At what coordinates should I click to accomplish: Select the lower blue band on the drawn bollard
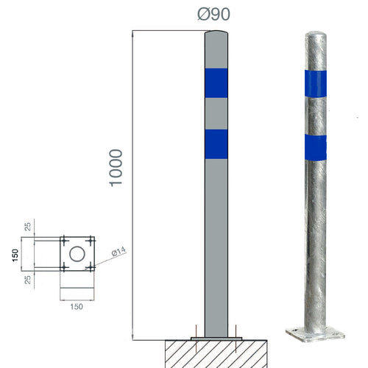click(x=216, y=144)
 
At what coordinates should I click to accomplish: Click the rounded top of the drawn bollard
click(x=216, y=35)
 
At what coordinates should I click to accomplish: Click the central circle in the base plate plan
click(x=77, y=255)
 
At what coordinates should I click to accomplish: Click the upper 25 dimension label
click(x=28, y=226)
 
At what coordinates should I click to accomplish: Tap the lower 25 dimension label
click(x=28, y=280)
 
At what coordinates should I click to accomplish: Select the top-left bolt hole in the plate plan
click(x=64, y=241)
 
